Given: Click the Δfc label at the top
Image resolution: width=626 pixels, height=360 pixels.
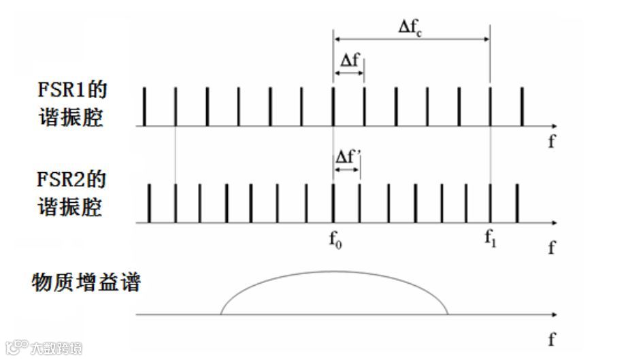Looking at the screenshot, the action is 411,28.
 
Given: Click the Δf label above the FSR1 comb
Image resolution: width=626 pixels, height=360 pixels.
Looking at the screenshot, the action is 348,59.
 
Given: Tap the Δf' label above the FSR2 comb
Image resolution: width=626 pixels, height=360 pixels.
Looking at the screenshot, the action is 347,157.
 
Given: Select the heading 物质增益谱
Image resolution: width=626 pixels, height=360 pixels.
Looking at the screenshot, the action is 86,282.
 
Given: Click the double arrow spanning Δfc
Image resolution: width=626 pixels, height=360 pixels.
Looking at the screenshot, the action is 411,39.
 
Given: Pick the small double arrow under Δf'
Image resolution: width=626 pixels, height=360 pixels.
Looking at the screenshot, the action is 346,168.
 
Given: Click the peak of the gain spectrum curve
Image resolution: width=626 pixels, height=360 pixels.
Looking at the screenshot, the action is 333,272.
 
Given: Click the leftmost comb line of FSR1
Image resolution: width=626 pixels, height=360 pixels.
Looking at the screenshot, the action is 144,107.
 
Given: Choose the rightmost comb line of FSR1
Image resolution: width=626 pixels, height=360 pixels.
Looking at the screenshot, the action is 522,107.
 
